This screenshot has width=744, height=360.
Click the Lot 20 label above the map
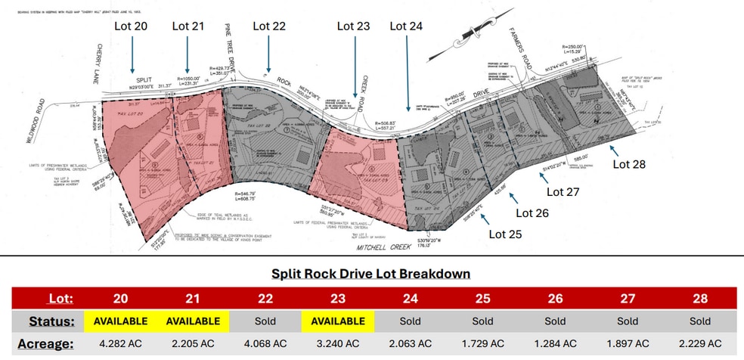click(132, 26)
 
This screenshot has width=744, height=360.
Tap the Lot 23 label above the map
click(353, 26)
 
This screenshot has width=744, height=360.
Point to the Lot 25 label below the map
click(507, 234)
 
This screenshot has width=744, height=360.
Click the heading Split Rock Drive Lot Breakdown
click(370, 273)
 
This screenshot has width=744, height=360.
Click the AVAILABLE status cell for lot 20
click(120, 321)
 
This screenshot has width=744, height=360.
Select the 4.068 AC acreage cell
click(265, 344)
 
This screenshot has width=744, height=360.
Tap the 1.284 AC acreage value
click(555, 344)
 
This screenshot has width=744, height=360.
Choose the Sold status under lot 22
click(265, 321)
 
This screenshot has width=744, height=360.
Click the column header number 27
click(628, 298)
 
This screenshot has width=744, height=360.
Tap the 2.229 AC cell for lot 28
click(700, 344)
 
